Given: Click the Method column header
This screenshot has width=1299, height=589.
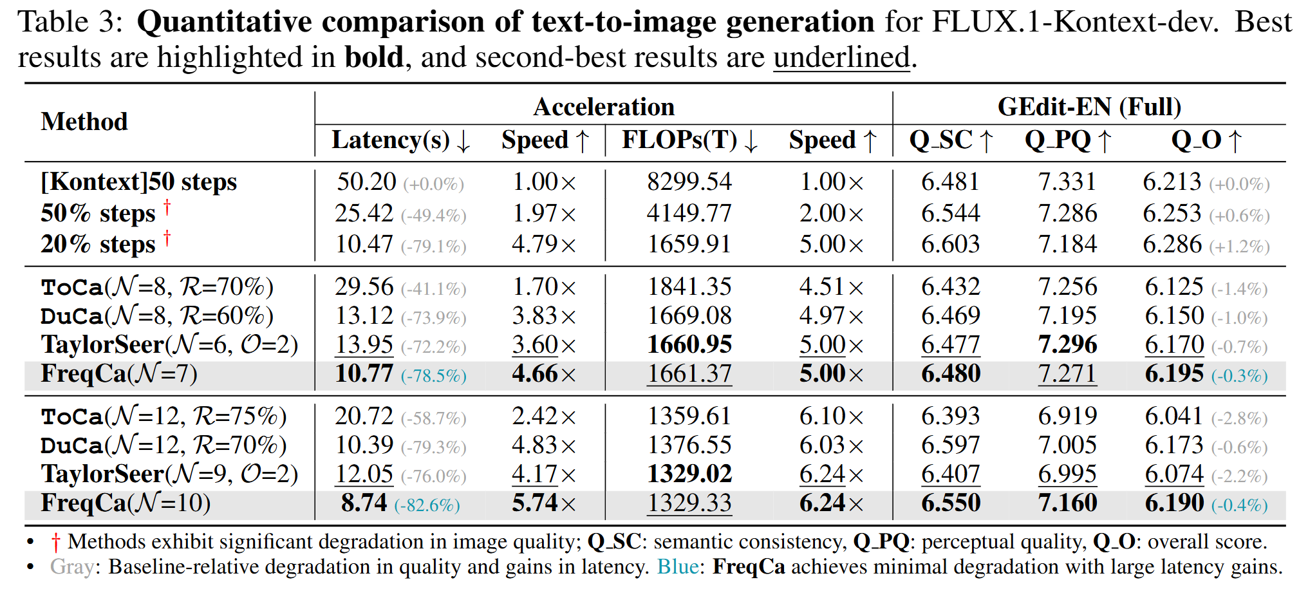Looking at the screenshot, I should pyautogui.click(x=84, y=122).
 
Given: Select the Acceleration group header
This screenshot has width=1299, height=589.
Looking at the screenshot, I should pyautogui.click(x=603, y=107).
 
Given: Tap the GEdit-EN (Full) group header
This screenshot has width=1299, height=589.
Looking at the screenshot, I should pyautogui.click(x=1089, y=107).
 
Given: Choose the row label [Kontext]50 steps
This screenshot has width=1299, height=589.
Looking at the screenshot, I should pyautogui.click(x=138, y=182).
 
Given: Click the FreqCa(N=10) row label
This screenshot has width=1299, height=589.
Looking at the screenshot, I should pyautogui.click(x=126, y=503).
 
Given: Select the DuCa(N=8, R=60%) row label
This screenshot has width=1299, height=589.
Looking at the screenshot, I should pyautogui.click(x=156, y=316).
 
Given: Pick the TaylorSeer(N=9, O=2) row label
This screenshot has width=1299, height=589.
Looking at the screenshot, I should pyautogui.click(x=169, y=474).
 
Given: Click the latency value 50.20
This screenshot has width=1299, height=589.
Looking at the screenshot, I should pyautogui.click(x=366, y=182).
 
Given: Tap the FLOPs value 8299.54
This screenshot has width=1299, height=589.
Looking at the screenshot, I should pyautogui.click(x=689, y=182).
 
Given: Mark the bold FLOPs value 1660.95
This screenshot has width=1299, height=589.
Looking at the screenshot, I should pyautogui.click(x=689, y=345).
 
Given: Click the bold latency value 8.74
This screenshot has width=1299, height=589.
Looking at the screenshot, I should pyautogui.click(x=364, y=503).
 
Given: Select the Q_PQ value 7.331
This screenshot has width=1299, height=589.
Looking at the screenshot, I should pyautogui.click(x=1067, y=182).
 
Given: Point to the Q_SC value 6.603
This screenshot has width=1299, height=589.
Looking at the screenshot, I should pyautogui.click(x=950, y=245).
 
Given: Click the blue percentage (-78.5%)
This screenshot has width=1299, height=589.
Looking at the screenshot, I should pyautogui.click(x=434, y=376).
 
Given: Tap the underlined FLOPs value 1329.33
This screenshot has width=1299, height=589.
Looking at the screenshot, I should pyautogui.click(x=689, y=503).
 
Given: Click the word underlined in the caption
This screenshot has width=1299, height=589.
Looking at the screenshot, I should pyautogui.click(x=841, y=57).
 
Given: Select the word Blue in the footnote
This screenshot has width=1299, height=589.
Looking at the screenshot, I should pyautogui.click(x=677, y=567).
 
